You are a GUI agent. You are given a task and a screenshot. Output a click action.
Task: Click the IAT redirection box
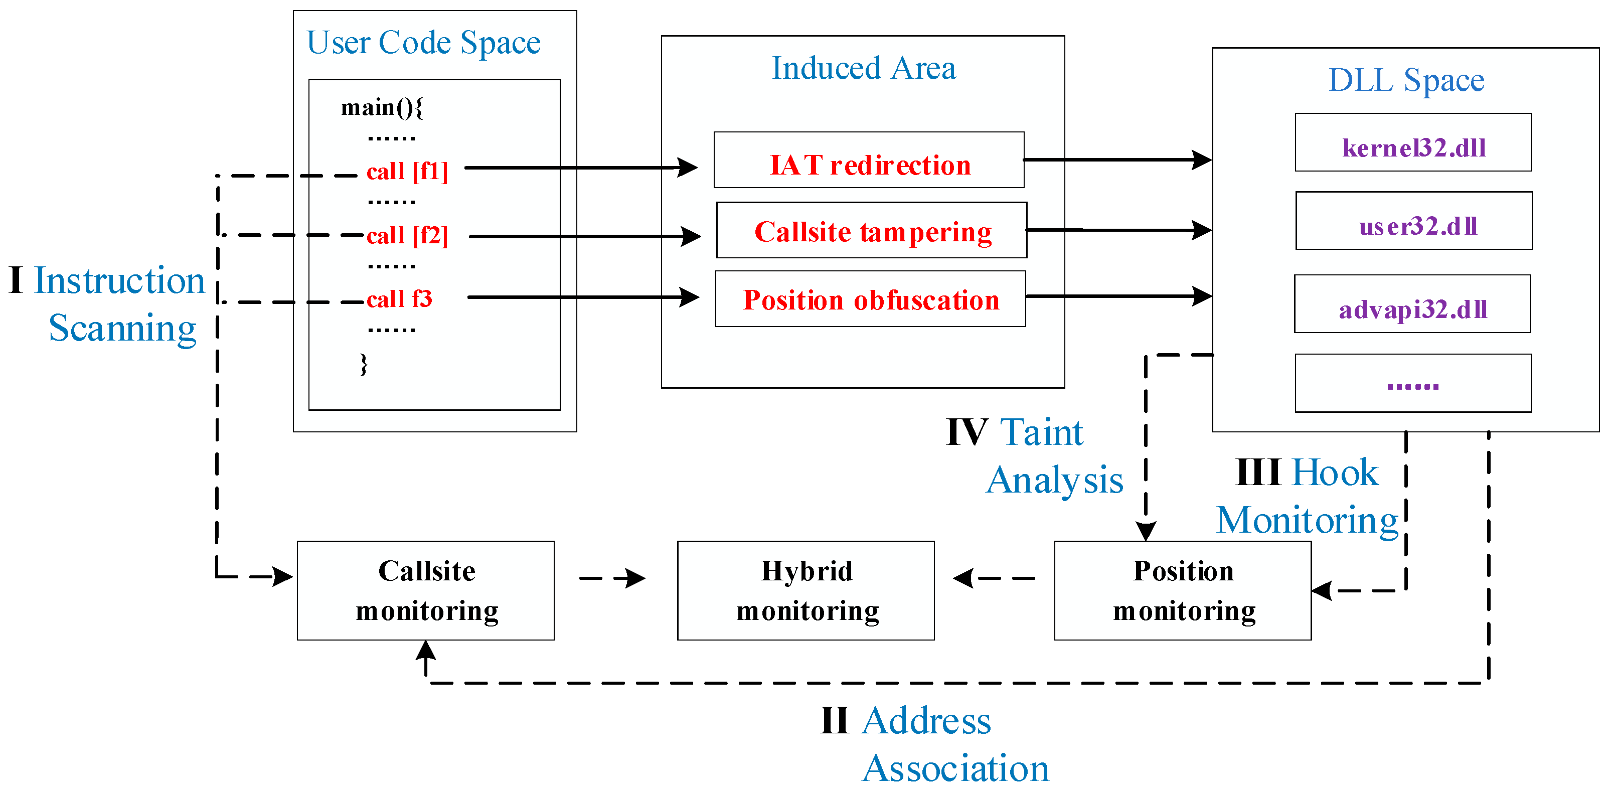click(x=869, y=160)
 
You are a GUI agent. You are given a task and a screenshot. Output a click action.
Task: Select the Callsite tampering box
click(x=871, y=230)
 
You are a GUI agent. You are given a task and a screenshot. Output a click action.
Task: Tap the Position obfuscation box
click(x=870, y=299)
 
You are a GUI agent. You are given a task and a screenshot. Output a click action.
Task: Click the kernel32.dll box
click(x=1412, y=142)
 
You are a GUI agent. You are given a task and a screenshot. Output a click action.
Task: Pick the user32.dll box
click(x=1414, y=221)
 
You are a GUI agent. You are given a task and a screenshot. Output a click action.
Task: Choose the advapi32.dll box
click(x=1412, y=303)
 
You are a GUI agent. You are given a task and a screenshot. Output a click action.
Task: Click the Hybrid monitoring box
click(x=806, y=590)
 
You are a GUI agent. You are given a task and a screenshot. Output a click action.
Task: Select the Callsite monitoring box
click(x=426, y=590)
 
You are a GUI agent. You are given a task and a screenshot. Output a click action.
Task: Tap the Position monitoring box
click(x=1183, y=590)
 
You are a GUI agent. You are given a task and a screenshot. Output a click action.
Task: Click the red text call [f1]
click(x=407, y=171)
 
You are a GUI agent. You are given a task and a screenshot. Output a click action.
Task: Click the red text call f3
click(x=399, y=299)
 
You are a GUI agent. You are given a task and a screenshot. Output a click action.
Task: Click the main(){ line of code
click(x=382, y=107)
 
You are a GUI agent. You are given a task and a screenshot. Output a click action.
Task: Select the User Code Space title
click(x=423, y=43)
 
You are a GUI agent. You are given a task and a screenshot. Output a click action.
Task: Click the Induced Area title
click(x=863, y=68)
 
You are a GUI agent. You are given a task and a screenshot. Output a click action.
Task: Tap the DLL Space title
click(x=1406, y=80)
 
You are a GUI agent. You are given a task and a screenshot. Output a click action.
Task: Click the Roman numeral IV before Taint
click(x=966, y=432)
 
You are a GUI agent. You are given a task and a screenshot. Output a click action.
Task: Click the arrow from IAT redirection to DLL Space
click(x=1117, y=160)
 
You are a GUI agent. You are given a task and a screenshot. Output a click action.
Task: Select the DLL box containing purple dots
click(x=1412, y=384)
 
